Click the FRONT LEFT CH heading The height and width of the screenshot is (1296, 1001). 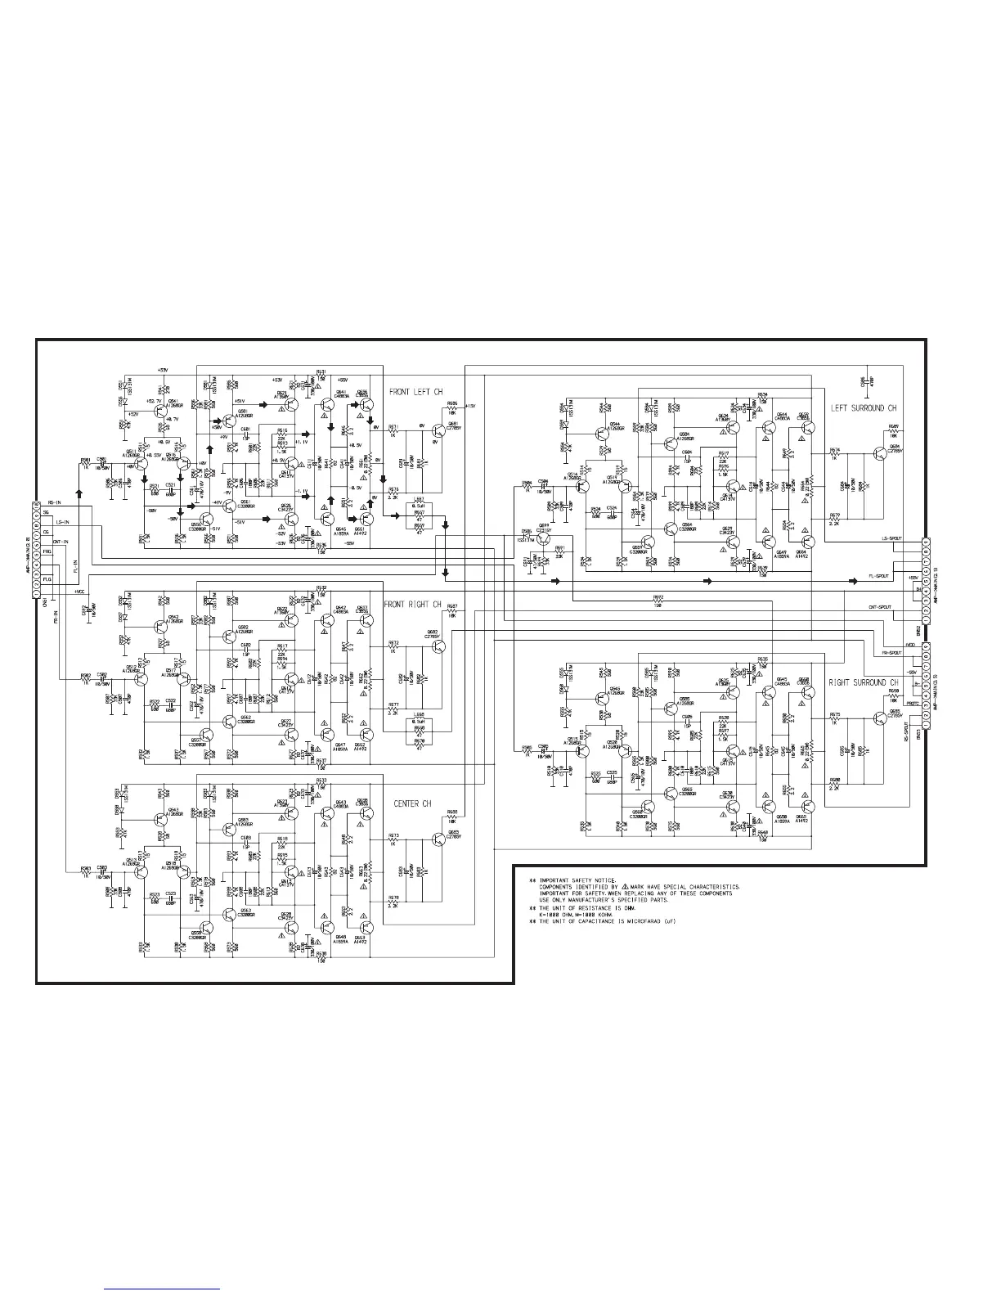click(415, 393)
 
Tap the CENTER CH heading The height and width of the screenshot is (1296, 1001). click(412, 804)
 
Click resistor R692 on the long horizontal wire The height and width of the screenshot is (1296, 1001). click(658, 601)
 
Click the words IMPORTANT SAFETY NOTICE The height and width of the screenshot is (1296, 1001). click(572, 880)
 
